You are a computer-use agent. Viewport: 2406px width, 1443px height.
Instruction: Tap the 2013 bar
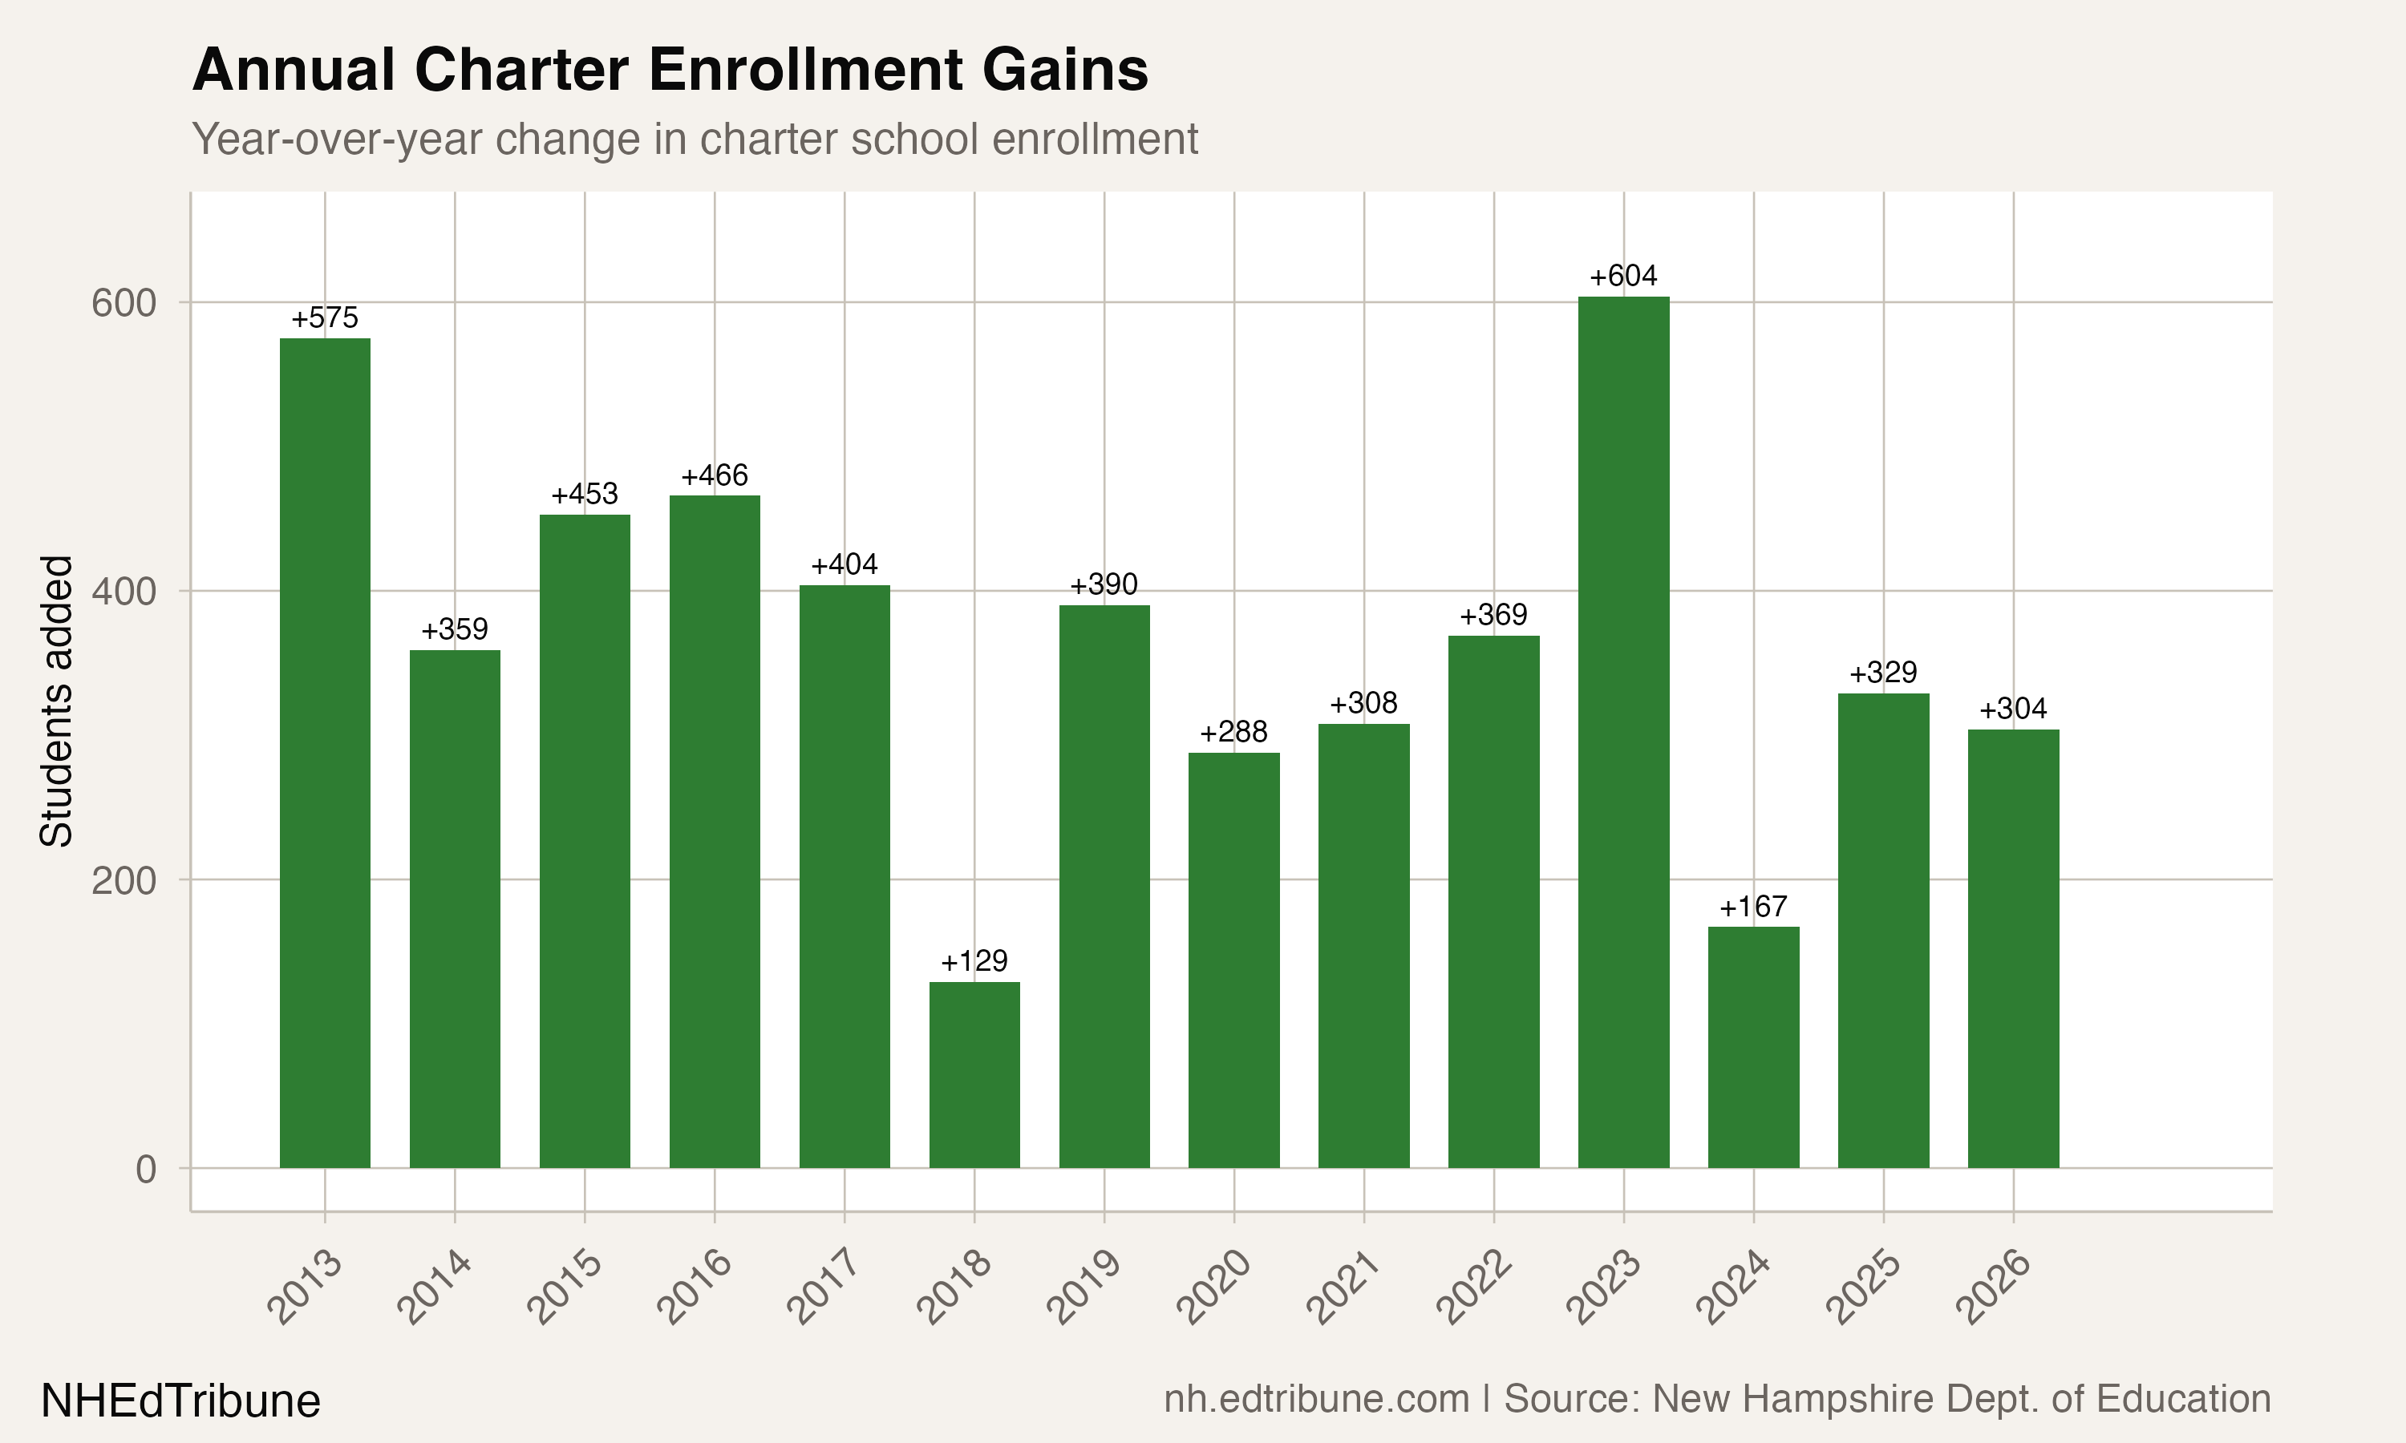coord(325,753)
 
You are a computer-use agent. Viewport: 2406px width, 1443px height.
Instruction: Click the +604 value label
coord(1623,276)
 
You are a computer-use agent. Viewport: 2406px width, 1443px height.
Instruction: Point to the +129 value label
coord(974,962)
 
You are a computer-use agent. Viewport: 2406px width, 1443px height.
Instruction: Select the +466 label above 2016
coord(715,475)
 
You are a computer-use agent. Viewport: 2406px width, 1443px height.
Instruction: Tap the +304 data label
coord(2013,709)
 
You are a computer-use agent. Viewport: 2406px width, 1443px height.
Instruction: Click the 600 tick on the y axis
coord(124,303)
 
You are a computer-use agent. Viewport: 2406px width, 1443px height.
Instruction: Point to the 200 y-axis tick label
coord(124,881)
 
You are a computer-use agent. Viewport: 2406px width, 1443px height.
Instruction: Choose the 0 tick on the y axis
coord(146,1169)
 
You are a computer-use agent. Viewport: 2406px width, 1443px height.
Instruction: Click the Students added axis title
coord(56,701)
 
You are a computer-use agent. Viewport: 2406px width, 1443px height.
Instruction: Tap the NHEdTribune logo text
coord(181,1401)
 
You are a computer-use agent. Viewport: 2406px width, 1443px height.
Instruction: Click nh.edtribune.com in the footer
coord(1317,1399)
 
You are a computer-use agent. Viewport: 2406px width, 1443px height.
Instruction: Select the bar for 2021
coord(1363,945)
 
